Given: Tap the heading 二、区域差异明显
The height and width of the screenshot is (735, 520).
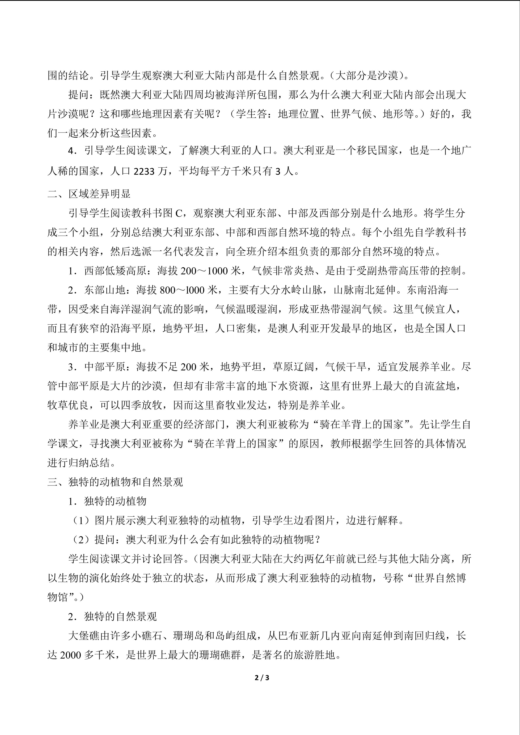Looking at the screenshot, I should coord(89,194).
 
